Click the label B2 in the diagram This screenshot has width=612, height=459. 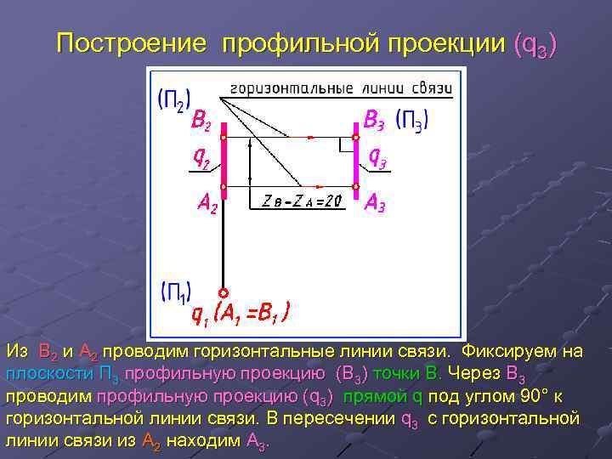tap(202, 122)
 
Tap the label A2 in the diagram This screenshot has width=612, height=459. tap(204, 203)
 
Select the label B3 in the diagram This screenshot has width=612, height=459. tap(374, 119)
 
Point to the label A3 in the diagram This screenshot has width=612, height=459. tap(375, 203)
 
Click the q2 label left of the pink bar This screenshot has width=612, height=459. tap(202, 157)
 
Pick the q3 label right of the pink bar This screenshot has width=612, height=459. tap(378, 158)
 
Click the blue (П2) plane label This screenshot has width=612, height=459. tap(173, 100)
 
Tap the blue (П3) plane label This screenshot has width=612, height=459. tap(412, 122)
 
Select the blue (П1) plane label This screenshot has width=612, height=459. tap(176, 291)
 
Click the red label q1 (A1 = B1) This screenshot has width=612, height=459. tap(241, 315)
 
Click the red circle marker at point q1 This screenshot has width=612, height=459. tap(224, 292)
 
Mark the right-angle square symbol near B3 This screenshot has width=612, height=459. tap(346, 145)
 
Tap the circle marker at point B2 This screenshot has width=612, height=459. tap(224, 136)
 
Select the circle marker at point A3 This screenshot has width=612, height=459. tap(356, 186)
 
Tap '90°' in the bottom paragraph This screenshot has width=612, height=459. tap(520, 396)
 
